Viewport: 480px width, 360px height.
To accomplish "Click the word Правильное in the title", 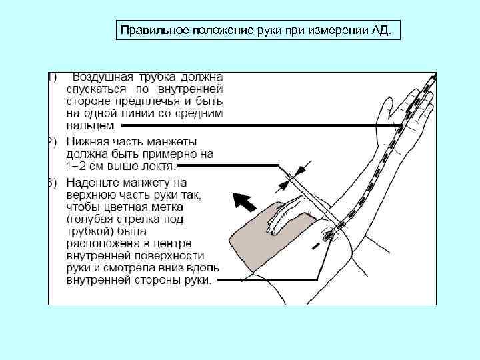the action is click(x=148, y=31).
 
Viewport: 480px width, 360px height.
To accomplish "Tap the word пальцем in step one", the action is click(x=91, y=125).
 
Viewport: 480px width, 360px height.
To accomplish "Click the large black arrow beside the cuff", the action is click(x=245, y=200).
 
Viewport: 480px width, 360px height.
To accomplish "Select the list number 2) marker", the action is click(x=52, y=141).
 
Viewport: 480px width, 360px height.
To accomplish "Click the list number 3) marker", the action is click(x=52, y=182).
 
